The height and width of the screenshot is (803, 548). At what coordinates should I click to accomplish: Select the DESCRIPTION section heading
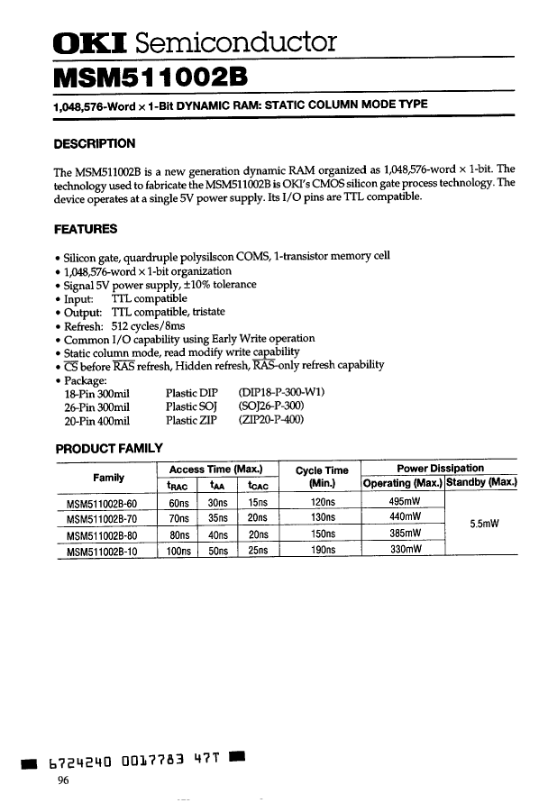point(95,143)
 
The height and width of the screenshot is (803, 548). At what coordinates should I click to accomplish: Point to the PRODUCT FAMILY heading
point(109,448)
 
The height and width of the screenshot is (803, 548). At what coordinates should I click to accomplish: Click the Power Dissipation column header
point(440,468)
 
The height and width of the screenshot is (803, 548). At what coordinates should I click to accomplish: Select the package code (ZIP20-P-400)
point(271,420)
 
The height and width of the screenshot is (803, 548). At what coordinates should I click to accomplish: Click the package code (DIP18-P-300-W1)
point(281,393)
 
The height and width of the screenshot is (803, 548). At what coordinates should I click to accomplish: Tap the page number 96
point(64,780)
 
